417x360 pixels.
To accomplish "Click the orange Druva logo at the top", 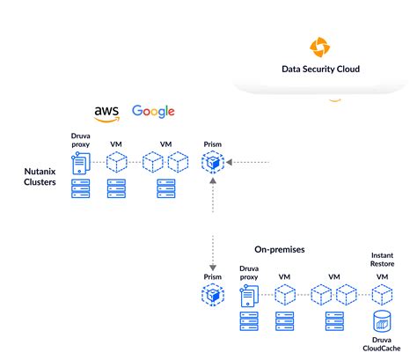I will pos(318,47).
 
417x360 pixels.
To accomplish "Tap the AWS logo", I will pos(107,112).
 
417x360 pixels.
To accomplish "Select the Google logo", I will pos(153,111).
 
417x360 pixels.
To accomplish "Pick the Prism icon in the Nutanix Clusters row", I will pos(213,162).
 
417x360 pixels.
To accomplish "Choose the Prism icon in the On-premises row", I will pos(213,295).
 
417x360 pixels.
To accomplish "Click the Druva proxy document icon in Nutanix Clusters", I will pos(81,163).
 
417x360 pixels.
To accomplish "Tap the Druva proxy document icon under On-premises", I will pos(248,296).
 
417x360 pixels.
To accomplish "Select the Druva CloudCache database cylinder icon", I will pos(382,320).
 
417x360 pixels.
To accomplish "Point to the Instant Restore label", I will pos(382,262).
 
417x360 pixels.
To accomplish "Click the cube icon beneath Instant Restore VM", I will pos(382,295).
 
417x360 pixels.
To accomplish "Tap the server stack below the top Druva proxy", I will pos(81,187).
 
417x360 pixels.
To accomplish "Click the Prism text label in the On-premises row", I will pos(213,276).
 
